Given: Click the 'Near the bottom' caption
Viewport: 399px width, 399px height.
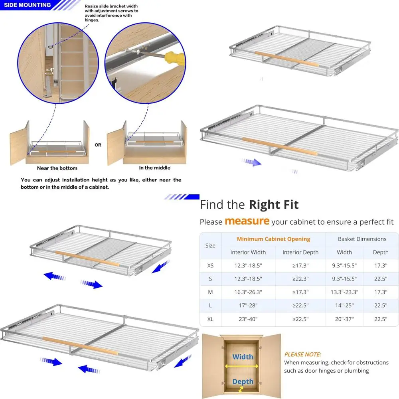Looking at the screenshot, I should coord(57,168).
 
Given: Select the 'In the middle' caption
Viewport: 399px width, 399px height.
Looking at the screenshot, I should coord(154,168).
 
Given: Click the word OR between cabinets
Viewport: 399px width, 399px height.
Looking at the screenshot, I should coord(98,145).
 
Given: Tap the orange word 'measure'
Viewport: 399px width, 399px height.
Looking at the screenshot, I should coord(247,221).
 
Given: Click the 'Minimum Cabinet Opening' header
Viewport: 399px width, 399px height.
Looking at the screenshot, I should coord(273,239).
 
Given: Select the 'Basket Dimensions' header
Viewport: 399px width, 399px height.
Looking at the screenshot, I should coord(362,239).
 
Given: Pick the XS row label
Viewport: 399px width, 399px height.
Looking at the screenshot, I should coord(210,265).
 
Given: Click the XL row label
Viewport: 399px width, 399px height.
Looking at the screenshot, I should coord(210,319).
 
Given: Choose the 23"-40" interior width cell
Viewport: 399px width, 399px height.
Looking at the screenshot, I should coord(248,319).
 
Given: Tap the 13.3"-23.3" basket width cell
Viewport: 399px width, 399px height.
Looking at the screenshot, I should coord(344,292).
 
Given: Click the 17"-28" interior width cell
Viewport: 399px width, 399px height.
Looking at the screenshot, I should coord(248,306).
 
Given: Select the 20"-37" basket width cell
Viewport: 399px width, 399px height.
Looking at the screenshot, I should coord(344,319).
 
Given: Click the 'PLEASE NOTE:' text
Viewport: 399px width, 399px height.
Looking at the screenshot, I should coord(302,354).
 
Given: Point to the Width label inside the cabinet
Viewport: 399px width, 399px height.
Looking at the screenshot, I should coord(243,357).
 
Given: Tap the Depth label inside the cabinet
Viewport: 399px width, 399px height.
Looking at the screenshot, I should coord(243,382).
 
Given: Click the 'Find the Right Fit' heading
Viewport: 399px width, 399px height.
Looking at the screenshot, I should coord(249,205).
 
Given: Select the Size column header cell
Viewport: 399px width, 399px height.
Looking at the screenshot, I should coord(210,245).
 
